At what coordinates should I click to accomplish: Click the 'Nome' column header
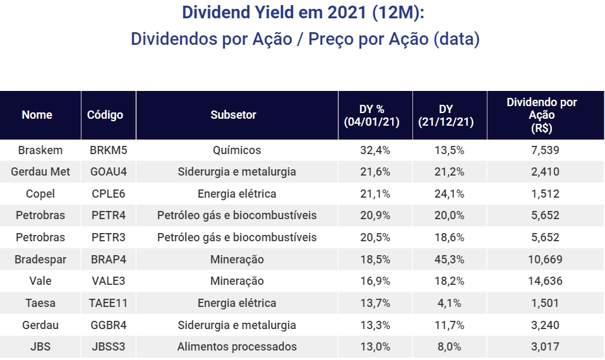[37, 115]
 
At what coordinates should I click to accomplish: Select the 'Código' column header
[105, 115]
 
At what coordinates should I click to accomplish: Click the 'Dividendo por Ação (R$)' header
[542, 115]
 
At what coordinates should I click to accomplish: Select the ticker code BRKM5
[108, 150]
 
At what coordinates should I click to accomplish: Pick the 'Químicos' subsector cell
[237, 150]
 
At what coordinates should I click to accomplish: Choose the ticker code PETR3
[108, 237]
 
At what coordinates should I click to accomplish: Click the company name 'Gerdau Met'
[40, 172]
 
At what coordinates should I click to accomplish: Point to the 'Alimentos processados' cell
[237, 347]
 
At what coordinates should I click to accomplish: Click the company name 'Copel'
[40, 194]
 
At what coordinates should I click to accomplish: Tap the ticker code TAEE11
[108, 303]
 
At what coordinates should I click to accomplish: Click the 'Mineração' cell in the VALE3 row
[237, 281]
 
